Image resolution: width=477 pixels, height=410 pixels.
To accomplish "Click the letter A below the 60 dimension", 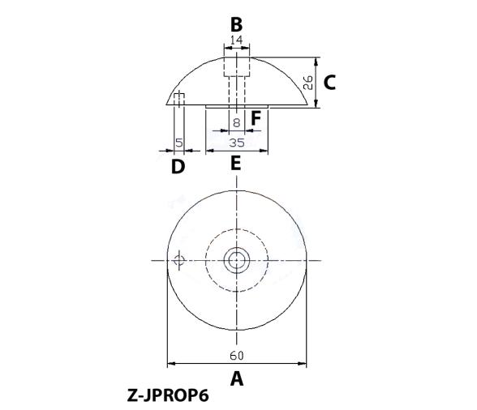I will [x=237, y=378].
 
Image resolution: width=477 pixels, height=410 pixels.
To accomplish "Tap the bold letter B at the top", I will [x=236, y=24].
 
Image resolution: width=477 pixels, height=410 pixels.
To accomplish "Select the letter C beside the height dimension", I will [x=329, y=82].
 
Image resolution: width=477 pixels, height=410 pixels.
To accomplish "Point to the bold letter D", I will [x=178, y=167].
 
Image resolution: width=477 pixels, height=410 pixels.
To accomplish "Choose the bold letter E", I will [x=236, y=164].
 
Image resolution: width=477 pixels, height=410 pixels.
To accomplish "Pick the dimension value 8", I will [x=236, y=123].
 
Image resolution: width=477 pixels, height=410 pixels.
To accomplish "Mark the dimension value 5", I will [x=178, y=143].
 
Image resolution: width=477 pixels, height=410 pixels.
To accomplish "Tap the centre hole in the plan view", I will [x=237, y=260].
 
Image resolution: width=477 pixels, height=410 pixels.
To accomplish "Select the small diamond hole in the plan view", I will [x=179, y=260].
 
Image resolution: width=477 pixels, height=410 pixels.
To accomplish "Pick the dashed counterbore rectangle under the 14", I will [x=237, y=66].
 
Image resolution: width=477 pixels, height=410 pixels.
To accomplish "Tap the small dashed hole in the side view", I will [x=179, y=98].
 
